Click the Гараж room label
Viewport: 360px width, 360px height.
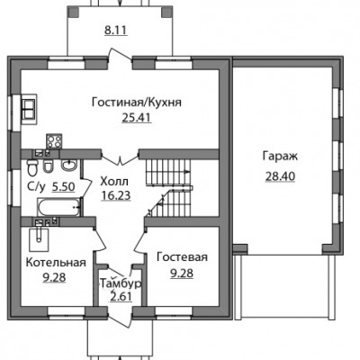[x=280, y=157]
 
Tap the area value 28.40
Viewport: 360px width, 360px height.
[x=280, y=176]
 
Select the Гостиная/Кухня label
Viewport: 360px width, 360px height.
[x=137, y=103]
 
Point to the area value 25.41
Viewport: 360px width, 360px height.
[x=137, y=118]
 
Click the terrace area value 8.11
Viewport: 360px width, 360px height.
[x=116, y=31]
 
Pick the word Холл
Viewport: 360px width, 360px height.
[x=114, y=182]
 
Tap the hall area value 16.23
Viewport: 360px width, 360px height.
[x=116, y=195]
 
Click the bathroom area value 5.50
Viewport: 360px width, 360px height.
[x=63, y=187]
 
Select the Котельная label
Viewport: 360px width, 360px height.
[x=56, y=262]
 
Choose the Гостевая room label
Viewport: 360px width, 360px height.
[x=182, y=257]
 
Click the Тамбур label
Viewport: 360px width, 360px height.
[x=121, y=283]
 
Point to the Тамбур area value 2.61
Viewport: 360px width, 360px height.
[x=121, y=297]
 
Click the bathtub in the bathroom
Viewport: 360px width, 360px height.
[x=59, y=207]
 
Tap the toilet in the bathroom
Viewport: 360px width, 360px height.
[x=31, y=167]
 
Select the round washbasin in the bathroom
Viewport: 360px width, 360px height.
[x=69, y=165]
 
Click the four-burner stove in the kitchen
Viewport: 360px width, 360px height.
[x=54, y=141]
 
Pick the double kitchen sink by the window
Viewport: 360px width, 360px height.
[x=29, y=109]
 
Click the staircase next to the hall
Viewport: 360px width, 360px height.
[x=169, y=187]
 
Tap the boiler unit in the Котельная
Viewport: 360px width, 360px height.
[x=39, y=239]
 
